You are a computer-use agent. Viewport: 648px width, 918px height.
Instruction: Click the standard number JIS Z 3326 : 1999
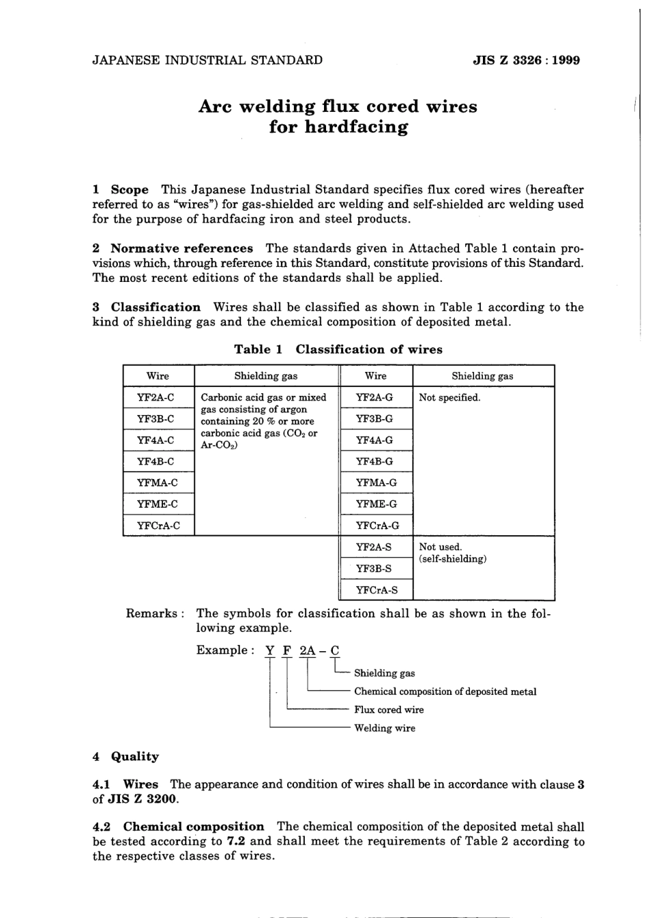click(526, 60)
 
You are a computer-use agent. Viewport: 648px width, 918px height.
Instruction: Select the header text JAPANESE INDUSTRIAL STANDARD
click(207, 60)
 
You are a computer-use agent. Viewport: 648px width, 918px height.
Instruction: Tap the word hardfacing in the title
click(338, 128)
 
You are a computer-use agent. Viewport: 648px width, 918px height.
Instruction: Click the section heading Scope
click(129, 190)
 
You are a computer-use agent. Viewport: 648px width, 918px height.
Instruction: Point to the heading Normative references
click(181, 248)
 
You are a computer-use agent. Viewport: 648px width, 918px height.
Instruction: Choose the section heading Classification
click(156, 307)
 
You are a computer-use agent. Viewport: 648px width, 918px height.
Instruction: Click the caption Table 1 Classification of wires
click(338, 349)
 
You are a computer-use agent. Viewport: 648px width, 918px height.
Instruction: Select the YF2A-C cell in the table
click(156, 397)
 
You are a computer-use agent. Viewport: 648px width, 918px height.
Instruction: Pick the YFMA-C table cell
click(158, 483)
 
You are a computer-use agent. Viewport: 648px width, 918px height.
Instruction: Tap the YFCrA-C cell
click(158, 526)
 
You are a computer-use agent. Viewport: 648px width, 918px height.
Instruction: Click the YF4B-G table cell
click(374, 461)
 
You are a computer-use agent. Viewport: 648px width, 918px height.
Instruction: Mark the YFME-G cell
click(375, 504)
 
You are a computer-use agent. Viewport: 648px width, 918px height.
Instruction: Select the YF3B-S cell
click(374, 568)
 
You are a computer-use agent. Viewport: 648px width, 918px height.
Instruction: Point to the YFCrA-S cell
click(377, 590)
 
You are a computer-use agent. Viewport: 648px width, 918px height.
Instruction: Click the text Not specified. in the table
click(450, 398)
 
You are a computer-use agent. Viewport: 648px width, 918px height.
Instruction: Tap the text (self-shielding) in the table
click(452, 559)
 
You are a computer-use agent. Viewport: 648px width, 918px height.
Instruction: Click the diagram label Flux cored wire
click(389, 710)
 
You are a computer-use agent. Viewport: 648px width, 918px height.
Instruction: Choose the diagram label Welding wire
click(385, 728)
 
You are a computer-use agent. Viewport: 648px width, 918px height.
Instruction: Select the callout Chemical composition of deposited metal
click(445, 691)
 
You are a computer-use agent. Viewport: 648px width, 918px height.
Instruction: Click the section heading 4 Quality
click(126, 756)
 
